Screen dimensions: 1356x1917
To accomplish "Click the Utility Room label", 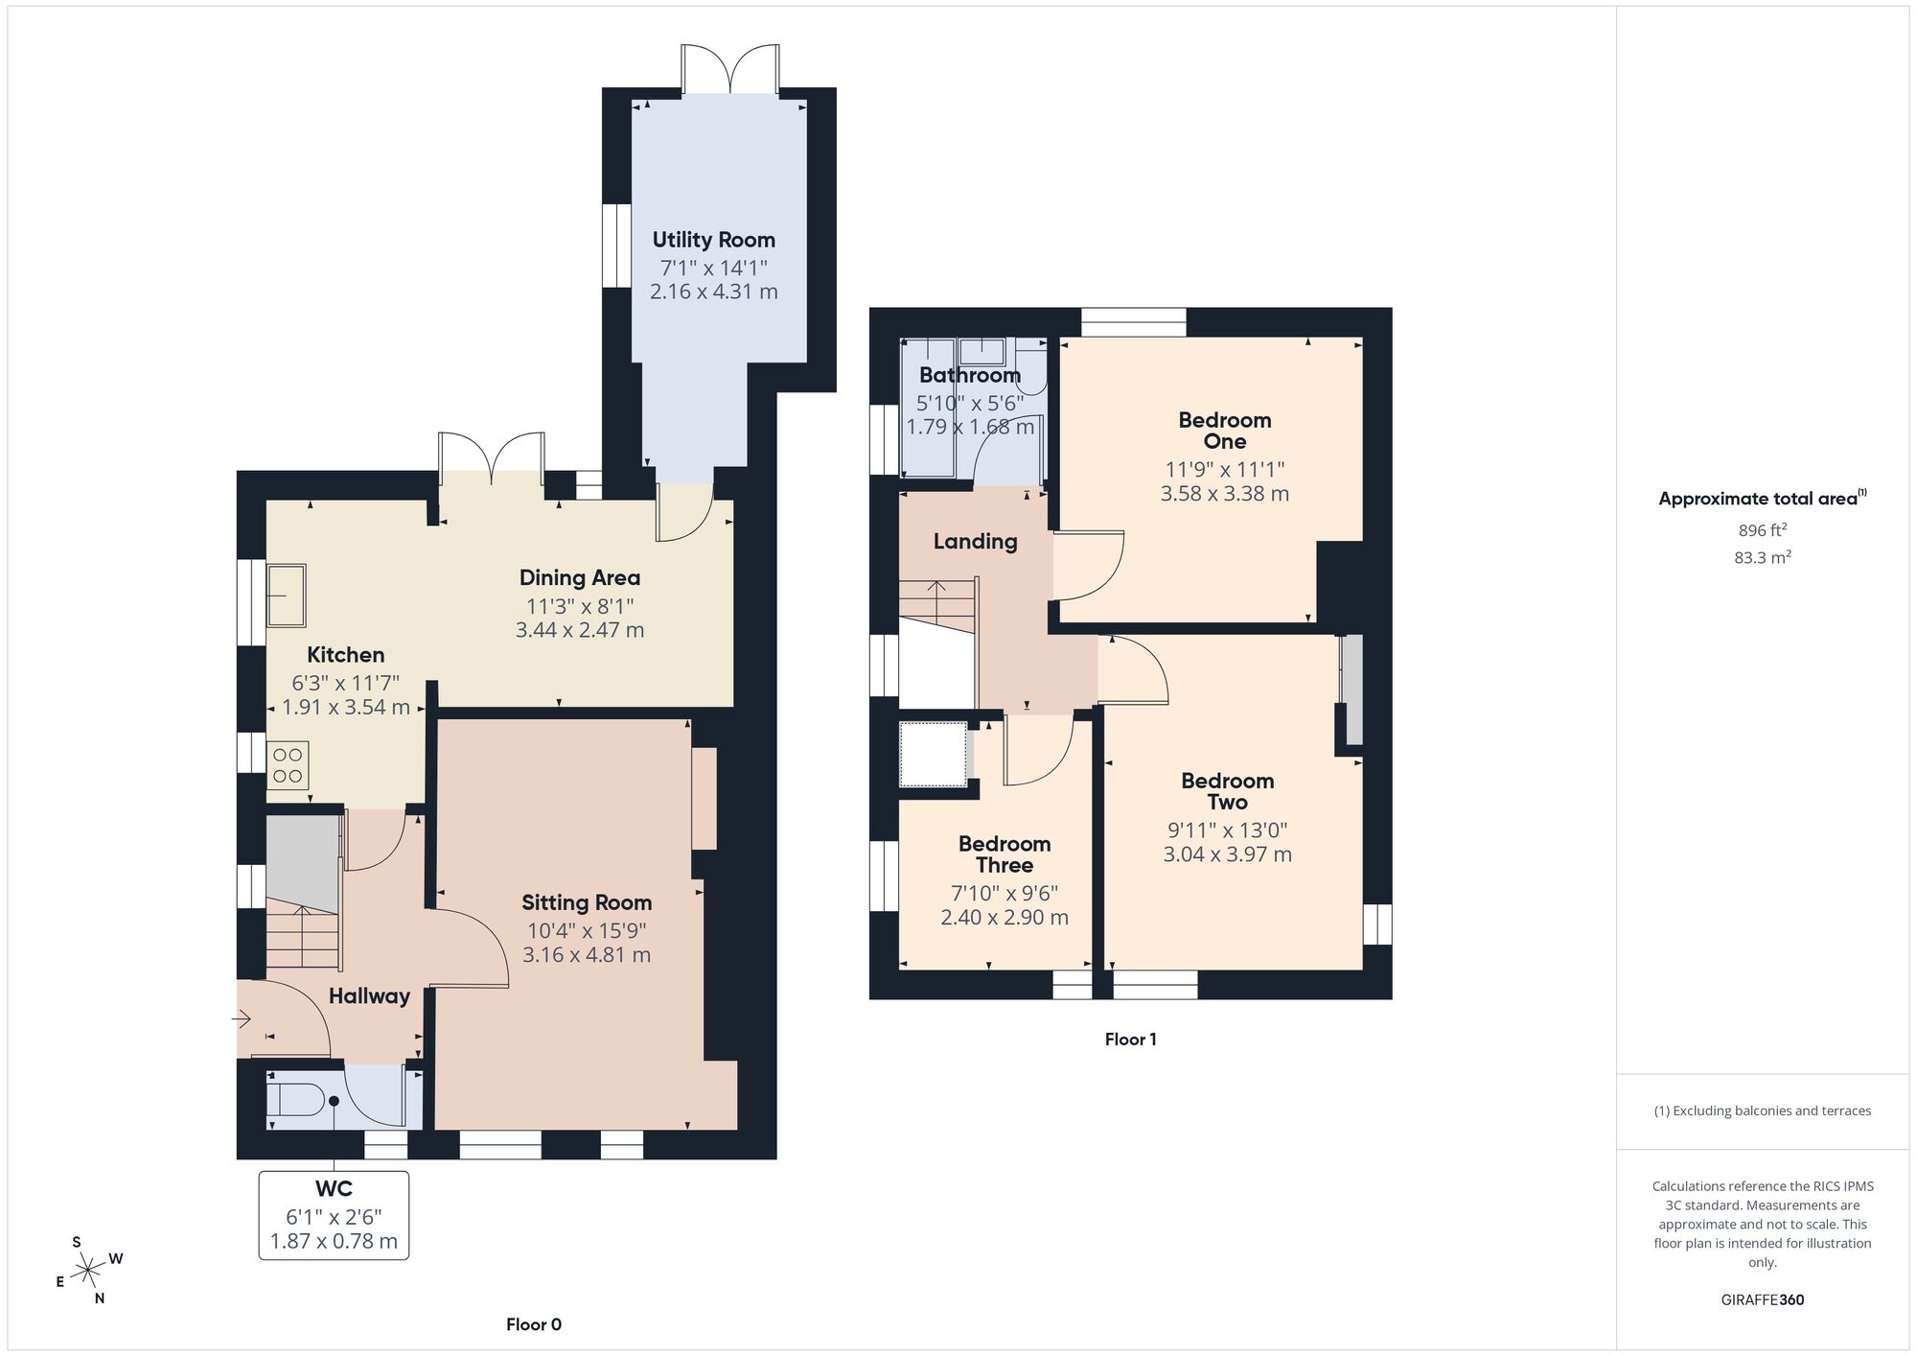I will point(713,240).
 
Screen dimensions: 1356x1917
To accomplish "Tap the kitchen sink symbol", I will point(286,596).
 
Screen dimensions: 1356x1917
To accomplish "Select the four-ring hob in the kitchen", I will point(288,765).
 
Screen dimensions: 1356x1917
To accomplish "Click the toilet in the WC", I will point(295,1100).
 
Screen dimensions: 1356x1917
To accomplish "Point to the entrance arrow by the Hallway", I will point(243,1018).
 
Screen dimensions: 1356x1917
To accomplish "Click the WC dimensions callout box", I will point(334,1215).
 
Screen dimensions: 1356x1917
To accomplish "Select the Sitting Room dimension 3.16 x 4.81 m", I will point(587,955).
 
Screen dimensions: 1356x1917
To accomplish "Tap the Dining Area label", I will point(579,577).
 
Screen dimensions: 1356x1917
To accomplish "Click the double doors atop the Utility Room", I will point(729,69).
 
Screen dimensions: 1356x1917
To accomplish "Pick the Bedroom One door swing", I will point(1089,566).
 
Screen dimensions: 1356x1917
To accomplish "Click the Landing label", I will point(975,541).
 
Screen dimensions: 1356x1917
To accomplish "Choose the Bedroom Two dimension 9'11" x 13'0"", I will point(1227,830).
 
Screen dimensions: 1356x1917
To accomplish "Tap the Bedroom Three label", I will point(1004,853).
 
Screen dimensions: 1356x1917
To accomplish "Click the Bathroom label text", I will point(969,375).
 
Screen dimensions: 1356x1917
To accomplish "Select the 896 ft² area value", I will point(1762,530).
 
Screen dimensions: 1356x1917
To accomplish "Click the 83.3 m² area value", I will point(1762,557).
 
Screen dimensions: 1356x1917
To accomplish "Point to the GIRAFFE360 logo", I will point(1762,1300).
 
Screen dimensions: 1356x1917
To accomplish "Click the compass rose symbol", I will point(89,1272).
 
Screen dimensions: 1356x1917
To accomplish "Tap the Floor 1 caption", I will point(1130,1040).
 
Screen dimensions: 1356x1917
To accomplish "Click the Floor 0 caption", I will point(534,1324).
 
